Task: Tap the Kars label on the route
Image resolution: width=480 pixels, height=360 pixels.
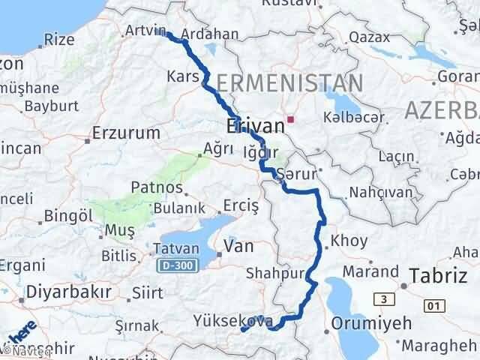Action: (184, 77)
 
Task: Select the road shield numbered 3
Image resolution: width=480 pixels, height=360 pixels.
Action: (385, 299)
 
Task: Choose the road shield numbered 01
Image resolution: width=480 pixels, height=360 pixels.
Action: (433, 305)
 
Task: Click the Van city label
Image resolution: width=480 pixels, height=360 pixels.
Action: (238, 247)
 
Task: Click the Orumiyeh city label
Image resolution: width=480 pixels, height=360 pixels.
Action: (373, 324)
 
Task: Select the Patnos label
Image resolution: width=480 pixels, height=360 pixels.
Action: (157, 187)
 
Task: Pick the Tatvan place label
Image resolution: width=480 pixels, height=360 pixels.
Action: (175, 249)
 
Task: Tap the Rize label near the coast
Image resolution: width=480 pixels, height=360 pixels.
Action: (59, 40)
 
